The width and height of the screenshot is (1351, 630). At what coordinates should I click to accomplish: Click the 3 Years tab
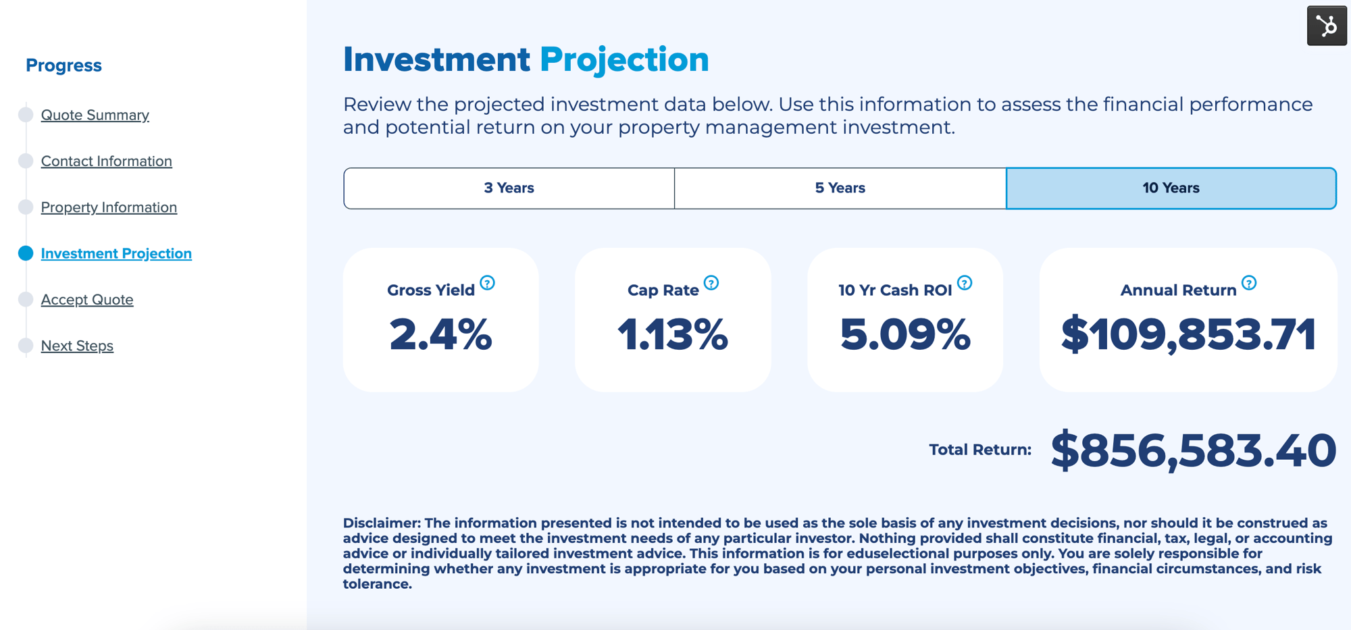509,188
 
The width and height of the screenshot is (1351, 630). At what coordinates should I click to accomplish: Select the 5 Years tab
840,188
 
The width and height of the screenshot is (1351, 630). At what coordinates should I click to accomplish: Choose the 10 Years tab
1171,188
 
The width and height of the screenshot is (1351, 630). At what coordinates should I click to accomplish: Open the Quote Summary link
95,115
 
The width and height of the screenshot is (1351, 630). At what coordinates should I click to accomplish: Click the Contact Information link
106,161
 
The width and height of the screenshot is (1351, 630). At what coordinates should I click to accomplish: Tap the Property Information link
109,207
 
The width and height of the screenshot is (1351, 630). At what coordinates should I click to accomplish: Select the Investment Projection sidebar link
116,253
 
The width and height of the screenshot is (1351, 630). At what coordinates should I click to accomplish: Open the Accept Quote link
87,300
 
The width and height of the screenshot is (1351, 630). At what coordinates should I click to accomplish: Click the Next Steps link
77,346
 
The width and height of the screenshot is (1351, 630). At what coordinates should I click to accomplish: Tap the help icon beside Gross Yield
487,283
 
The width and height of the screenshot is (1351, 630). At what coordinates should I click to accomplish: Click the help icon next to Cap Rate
711,283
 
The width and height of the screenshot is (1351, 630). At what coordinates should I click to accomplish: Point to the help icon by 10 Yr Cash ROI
965,283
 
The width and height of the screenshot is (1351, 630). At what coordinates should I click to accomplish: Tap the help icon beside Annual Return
1249,283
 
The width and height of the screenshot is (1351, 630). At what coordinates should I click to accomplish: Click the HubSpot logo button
1327,26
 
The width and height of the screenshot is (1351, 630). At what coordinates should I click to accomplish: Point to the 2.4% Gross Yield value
440,334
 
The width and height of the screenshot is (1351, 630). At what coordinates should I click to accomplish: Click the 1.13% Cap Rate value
673,334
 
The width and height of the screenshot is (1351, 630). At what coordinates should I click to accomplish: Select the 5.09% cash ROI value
905,334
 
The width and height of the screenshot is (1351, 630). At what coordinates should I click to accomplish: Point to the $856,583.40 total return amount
1193,450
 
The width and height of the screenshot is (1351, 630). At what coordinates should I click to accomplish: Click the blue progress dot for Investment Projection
26,253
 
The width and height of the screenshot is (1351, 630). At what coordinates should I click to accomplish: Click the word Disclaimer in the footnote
381,523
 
